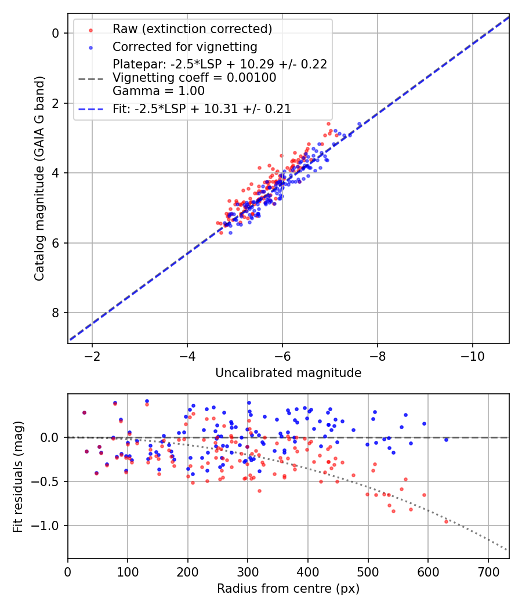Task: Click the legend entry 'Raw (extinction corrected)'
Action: coord(192,29)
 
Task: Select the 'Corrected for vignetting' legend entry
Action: coord(184,46)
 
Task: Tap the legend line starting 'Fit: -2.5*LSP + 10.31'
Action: coord(202,108)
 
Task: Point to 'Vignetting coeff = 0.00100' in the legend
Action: coord(194,78)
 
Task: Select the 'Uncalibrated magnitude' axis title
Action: coord(288,373)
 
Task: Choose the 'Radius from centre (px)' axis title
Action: coord(288,589)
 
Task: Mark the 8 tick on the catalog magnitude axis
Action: coord(56,313)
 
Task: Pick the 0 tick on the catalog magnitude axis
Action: coord(56,33)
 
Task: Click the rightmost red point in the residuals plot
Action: coord(447,521)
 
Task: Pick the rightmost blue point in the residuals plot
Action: coord(446,440)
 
